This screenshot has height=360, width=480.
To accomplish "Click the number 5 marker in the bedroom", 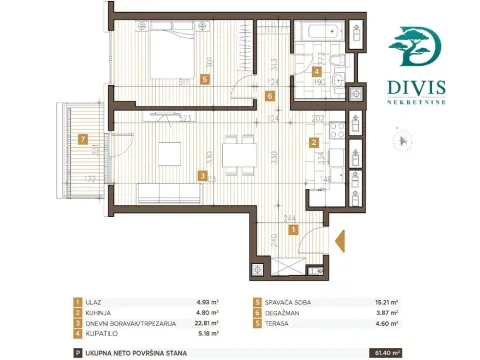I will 205,78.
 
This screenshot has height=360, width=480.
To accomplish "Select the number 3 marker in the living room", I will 203,176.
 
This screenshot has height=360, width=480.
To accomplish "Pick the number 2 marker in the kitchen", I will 313,143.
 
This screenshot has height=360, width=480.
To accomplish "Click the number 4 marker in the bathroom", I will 317,72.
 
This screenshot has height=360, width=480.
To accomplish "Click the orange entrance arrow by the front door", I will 338,240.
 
